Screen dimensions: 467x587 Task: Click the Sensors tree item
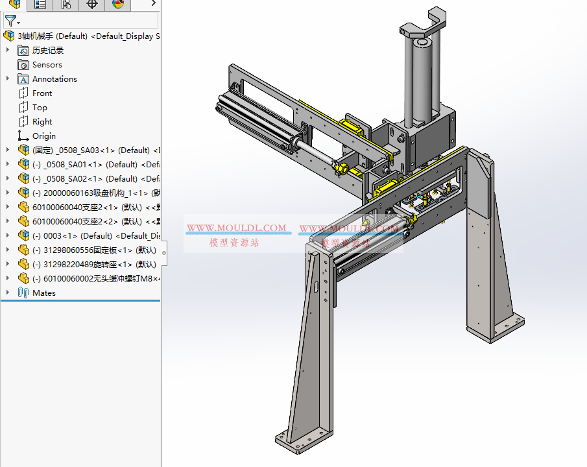[47, 65]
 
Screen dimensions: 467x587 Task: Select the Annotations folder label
[54, 79]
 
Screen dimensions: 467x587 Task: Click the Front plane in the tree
[42, 93]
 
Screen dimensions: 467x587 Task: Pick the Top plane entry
[40, 108]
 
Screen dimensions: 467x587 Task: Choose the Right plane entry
[42, 122]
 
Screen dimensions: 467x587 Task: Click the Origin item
[44, 136]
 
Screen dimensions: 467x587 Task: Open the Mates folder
[43, 293]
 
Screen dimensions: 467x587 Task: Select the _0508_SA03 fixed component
[91, 150]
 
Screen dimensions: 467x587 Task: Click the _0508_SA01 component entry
[91, 165]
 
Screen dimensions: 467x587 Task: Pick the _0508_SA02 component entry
[91, 179]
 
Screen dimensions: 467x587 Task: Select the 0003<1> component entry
[91, 236]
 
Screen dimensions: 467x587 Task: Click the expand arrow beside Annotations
[8, 79]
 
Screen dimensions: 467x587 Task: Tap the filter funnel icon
[10, 21]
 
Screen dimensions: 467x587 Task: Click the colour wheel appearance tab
[117, 5]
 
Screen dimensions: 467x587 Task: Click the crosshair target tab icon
[92, 5]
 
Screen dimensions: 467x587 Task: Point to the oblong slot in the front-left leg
[315, 289]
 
